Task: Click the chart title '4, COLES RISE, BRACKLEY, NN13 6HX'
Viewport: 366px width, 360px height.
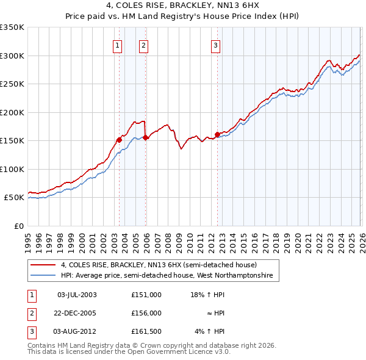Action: point(182,5)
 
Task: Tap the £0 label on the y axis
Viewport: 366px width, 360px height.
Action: point(18,226)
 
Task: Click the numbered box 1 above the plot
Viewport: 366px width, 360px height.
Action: point(117,44)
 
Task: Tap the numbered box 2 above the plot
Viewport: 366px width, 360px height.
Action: point(143,44)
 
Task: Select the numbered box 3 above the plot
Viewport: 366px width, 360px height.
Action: point(215,44)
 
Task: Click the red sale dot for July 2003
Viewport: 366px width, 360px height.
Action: point(119,140)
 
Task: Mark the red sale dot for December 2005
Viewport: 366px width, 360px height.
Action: point(146,137)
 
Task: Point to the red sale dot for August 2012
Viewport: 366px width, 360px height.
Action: point(217,134)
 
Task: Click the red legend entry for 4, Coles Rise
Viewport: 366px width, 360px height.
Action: point(159,265)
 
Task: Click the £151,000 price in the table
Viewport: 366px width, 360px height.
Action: point(146,294)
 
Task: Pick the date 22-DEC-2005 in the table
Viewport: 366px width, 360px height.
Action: point(77,312)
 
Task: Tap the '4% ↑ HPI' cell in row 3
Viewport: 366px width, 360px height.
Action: point(209,331)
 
